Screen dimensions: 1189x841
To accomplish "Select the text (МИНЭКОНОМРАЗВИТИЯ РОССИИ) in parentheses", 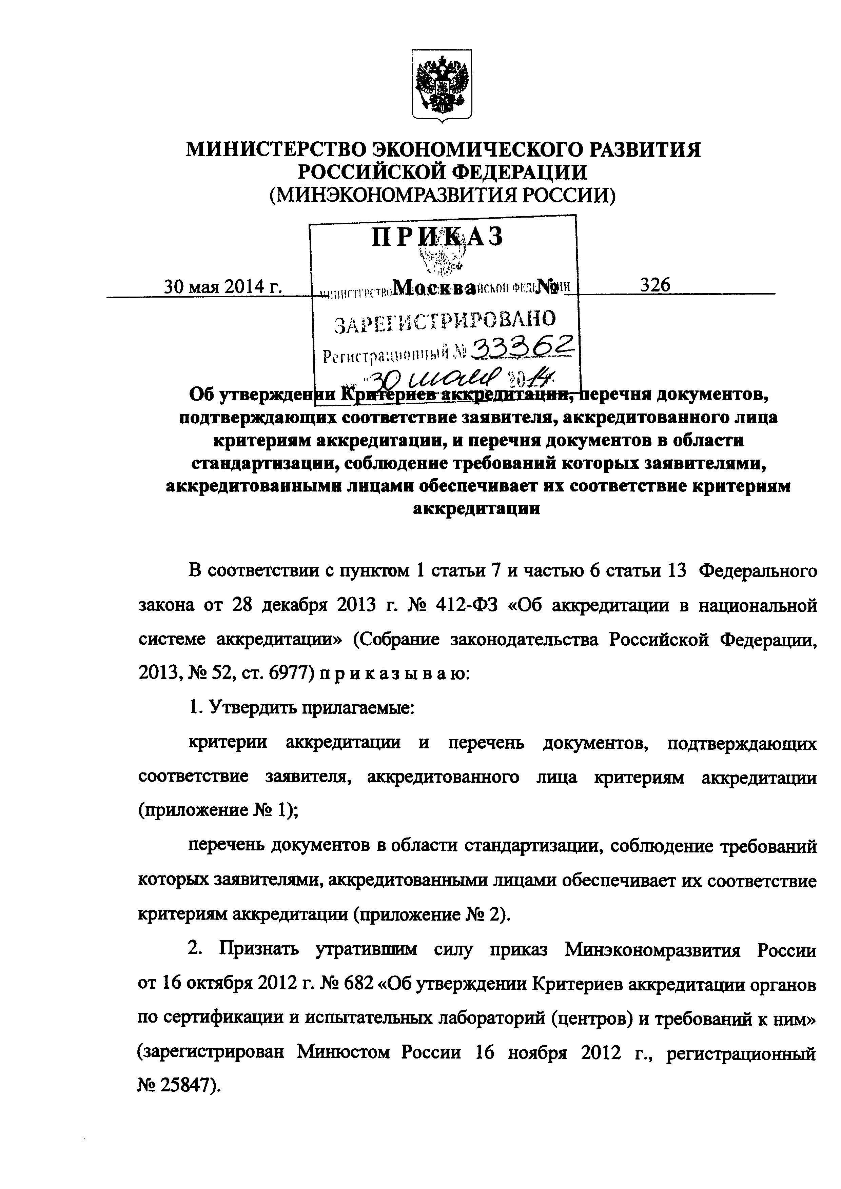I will click(x=442, y=195).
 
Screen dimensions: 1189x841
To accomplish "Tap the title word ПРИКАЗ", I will click(x=437, y=237).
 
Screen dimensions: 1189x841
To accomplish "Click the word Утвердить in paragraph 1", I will click(x=244, y=707).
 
